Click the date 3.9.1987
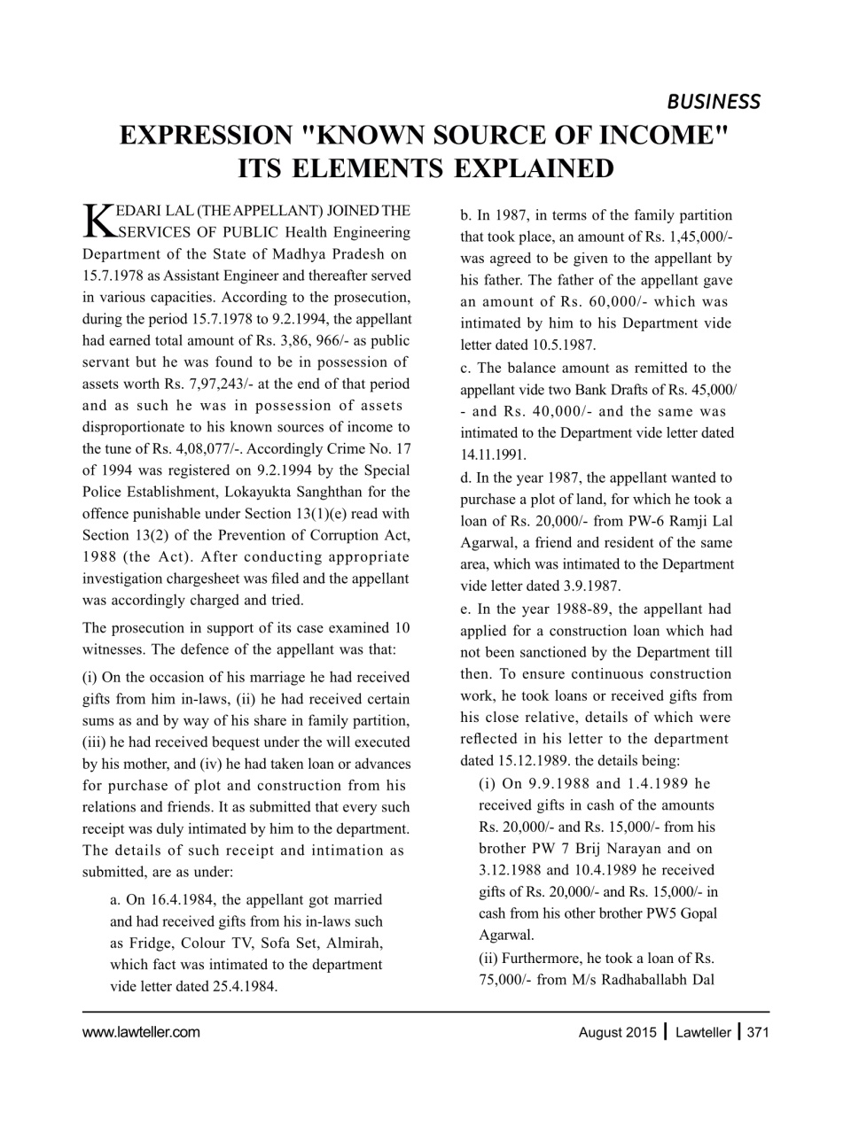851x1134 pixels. click(x=589, y=586)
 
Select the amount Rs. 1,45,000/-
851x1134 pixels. click(x=682, y=237)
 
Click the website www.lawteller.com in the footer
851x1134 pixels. click(x=141, y=1032)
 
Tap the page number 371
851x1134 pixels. click(x=757, y=1032)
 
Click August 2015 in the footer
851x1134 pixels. click(x=617, y=1032)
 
